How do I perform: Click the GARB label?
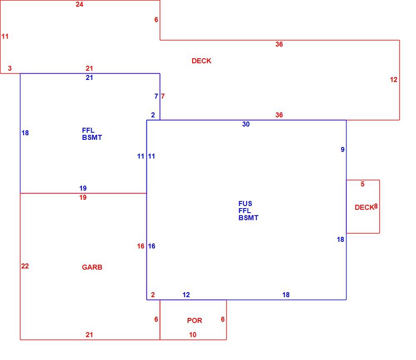(92, 267)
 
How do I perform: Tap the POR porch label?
(194, 320)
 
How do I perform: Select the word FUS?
(245, 204)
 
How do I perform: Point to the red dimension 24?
(79, 4)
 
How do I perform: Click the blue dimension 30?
(246, 124)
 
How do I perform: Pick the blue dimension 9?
(342, 149)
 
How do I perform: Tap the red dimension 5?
(362, 184)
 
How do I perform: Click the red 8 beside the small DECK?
(376, 206)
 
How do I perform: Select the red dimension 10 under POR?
(193, 335)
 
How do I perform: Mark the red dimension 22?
(25, 266)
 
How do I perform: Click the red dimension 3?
(10, 68)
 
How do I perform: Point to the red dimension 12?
(394, 79)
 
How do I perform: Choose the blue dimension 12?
(186, 295)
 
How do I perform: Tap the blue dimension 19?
(83, 188)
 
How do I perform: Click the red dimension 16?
(141, 246)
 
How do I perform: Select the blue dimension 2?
(153, 115)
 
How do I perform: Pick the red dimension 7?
(163, 96)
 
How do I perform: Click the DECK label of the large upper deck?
(201, 61)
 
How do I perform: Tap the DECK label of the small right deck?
(364, 207)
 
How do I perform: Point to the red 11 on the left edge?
(5, 36)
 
